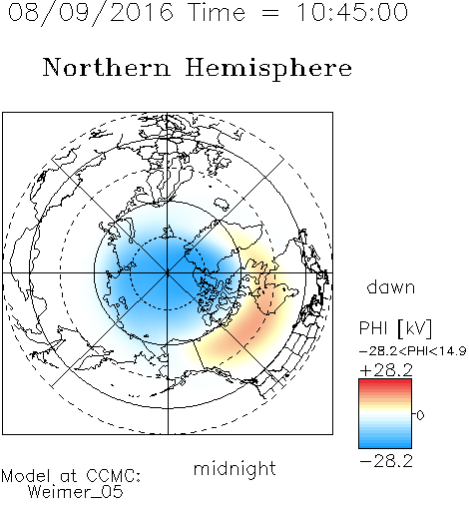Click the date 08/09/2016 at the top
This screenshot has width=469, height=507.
91,13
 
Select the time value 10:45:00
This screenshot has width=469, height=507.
352,12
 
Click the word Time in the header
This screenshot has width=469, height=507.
217,12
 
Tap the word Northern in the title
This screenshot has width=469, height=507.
107,67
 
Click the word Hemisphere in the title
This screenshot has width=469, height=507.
268,69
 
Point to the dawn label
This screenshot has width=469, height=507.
391,286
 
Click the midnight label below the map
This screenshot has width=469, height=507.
234,469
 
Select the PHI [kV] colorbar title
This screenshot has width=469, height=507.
395,328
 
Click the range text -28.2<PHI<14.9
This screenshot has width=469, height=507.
413,351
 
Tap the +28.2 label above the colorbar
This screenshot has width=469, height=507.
386,370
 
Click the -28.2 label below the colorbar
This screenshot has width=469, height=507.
386,461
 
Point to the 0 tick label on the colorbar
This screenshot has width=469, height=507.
420,415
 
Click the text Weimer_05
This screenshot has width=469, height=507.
76,491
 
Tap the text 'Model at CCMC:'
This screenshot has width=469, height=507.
71,476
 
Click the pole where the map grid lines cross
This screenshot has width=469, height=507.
168,273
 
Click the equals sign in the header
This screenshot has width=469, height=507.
269,13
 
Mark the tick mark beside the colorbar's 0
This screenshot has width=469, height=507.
414,414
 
